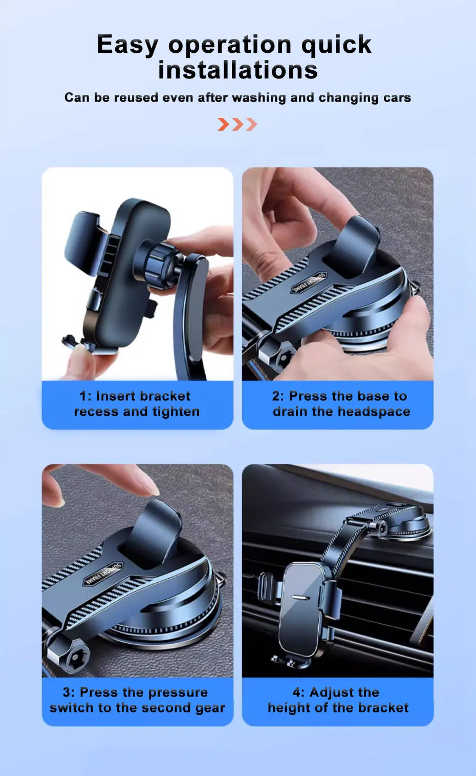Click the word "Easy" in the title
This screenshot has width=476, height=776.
[127, 45]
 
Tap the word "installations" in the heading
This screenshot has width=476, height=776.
[237, 70]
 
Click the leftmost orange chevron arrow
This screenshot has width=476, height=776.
[223, 124]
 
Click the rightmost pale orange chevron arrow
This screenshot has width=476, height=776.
[251, 124]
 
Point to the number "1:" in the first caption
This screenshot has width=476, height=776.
[85, 396]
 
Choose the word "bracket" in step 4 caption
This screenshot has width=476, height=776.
[383, 708]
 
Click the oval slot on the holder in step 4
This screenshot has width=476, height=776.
[300, 597]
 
